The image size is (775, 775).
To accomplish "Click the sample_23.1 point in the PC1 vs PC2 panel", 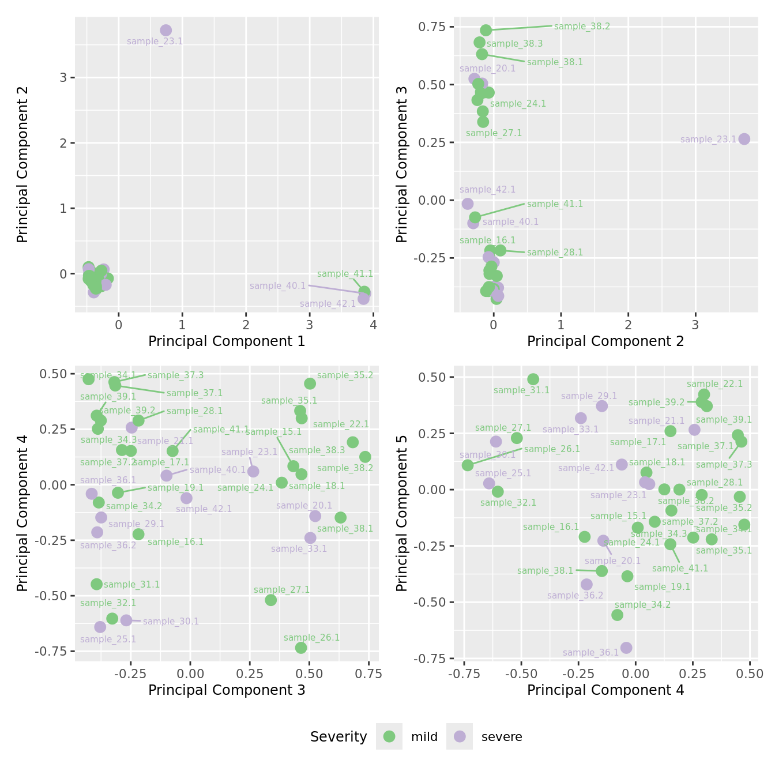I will click(166, 30).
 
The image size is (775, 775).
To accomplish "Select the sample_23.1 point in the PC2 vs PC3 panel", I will click(744, 139).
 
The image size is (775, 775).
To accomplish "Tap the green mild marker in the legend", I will click(389, 736).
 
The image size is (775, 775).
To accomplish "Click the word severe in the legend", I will click(502, 737).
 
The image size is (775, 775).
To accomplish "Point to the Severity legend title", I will click(338, 737).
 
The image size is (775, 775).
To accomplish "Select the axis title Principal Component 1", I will click(227, 341).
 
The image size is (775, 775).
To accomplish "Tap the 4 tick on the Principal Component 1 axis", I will click(374, 325).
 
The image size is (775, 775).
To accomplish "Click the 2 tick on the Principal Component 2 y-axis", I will click(63, 143).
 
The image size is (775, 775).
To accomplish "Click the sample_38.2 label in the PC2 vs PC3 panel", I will click(582, 27).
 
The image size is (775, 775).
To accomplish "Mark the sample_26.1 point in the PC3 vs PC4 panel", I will click(301, 648).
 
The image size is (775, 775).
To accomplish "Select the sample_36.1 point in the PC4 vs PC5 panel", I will click(626, 648).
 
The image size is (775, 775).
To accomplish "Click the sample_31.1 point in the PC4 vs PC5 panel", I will click(533, 379).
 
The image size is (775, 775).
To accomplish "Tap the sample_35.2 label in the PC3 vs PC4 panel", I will click(345, 375).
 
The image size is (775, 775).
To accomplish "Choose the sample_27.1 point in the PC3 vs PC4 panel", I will click(271, 600).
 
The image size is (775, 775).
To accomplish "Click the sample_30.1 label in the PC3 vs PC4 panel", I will click(171, 622).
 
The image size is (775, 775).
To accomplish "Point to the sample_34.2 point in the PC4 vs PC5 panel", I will click(617, 615).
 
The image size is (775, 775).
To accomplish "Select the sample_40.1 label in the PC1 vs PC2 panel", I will click(277, 286).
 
